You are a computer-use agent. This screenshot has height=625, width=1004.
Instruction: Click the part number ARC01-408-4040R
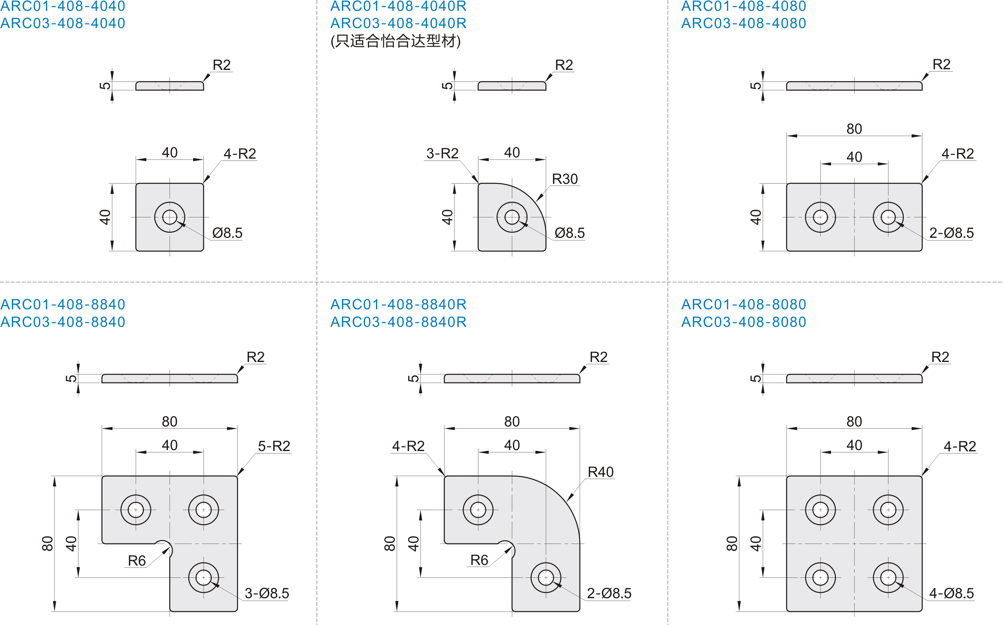398,6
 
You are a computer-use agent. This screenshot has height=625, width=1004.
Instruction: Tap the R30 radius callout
565,179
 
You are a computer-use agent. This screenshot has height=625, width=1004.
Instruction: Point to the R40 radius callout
600,472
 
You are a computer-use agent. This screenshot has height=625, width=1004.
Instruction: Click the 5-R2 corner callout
274,446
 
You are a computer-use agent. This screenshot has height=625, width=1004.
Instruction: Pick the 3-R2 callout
443,153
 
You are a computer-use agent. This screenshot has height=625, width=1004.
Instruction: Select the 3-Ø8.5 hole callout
266,593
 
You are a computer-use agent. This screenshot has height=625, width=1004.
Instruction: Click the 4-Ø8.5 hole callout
952,593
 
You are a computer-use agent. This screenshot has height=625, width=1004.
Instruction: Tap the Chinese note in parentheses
395,41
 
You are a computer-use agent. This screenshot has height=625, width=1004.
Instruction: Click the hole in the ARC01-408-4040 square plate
170,217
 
